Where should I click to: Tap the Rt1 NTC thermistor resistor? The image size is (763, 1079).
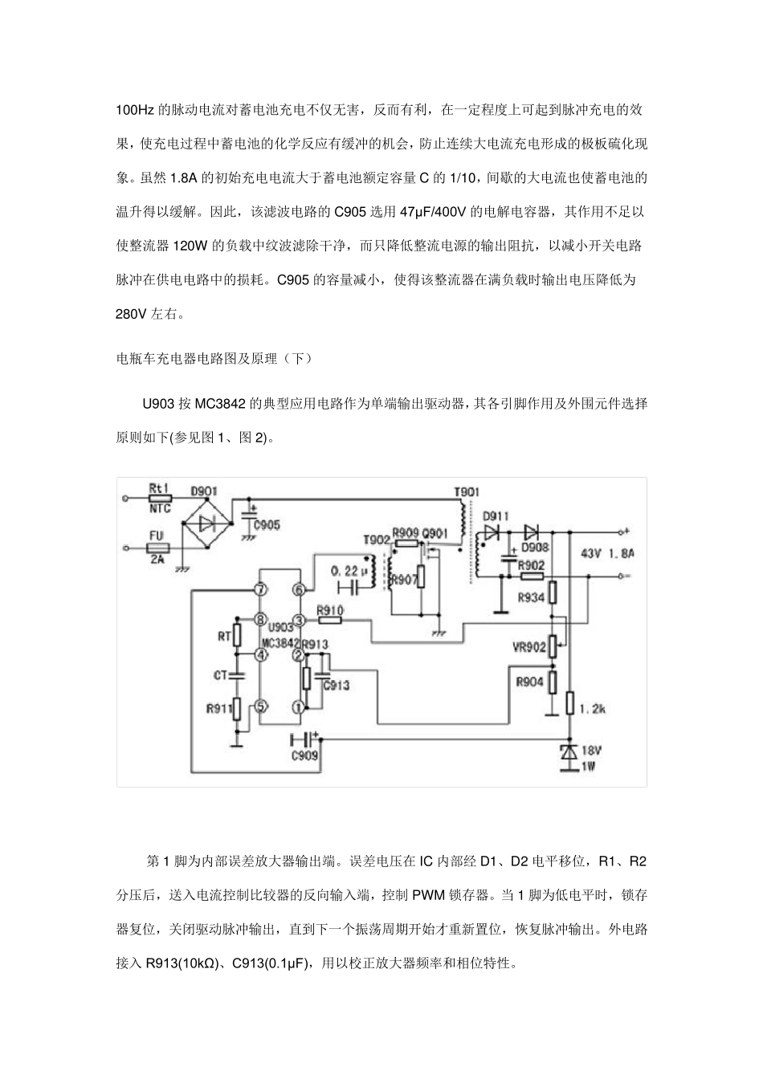click(158, 497)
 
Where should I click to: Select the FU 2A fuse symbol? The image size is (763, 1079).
click(158, 548)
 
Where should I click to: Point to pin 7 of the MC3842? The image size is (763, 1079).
click(259, 590)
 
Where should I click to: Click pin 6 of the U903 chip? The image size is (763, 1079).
click(299, 590)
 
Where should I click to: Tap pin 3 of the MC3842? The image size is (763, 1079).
click(299, 620)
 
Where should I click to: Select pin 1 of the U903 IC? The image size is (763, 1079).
click(299, 707)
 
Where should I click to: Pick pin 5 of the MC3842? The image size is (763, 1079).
click(259, 706)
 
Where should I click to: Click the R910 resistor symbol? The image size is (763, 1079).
click(330, 620)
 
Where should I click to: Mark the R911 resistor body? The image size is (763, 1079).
click(237, 707)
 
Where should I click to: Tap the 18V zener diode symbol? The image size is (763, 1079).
click(569, 752)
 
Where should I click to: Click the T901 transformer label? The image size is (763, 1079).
click(467, 491)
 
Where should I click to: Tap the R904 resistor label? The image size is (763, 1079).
click(530, 683)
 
